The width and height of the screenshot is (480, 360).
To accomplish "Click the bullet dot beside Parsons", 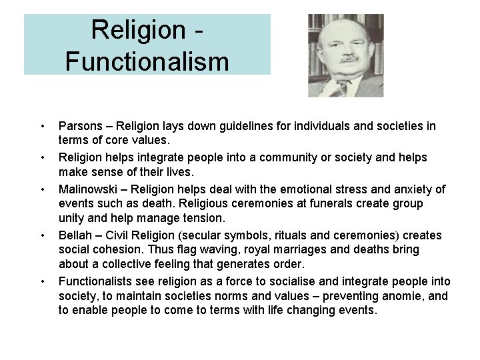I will pos(42,127).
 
